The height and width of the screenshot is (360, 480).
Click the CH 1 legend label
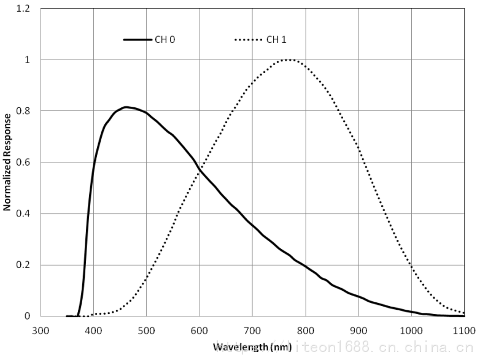pos(276,40)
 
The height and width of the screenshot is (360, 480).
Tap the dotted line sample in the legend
pos(248,40)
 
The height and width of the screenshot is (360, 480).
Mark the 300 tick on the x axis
pos(41,331)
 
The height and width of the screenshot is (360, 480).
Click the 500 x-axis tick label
pos(146,331)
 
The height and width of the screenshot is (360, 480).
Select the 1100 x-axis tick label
pos(463,331)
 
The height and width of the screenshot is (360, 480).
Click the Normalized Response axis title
pos(7,162)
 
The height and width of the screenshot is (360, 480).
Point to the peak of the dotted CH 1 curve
pos(288,59)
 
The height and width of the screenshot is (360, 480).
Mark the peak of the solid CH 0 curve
pos(126,107)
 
